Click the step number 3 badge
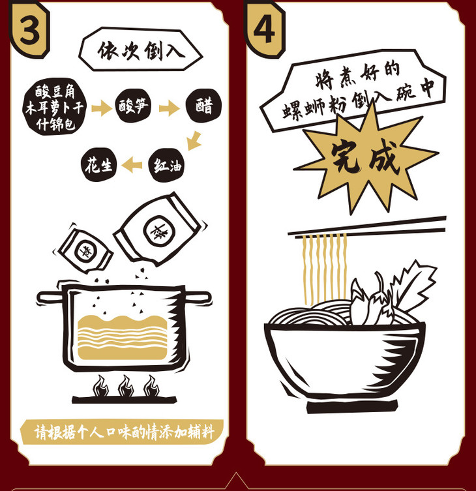pos(29,31)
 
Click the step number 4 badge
pos(265,31)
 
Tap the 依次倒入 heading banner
pos(141,50)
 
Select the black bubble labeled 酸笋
pos(134,106)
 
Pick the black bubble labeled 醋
pos(204,105)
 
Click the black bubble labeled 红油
pos(167,165)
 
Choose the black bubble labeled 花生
pos(98,164)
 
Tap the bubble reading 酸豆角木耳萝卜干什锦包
pos(55,107)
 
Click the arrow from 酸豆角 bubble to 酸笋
pos(102,108)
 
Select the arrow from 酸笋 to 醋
pos(169,108)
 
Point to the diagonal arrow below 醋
pos(194,141)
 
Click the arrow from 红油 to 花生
pos(132,165)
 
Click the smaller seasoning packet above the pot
pos(85,250)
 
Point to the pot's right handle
pos(198,297)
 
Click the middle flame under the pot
pos(126,386)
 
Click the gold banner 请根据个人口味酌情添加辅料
pos(122,432)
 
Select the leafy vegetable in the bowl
pos(413,286)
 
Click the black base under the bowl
pos(352,406)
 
